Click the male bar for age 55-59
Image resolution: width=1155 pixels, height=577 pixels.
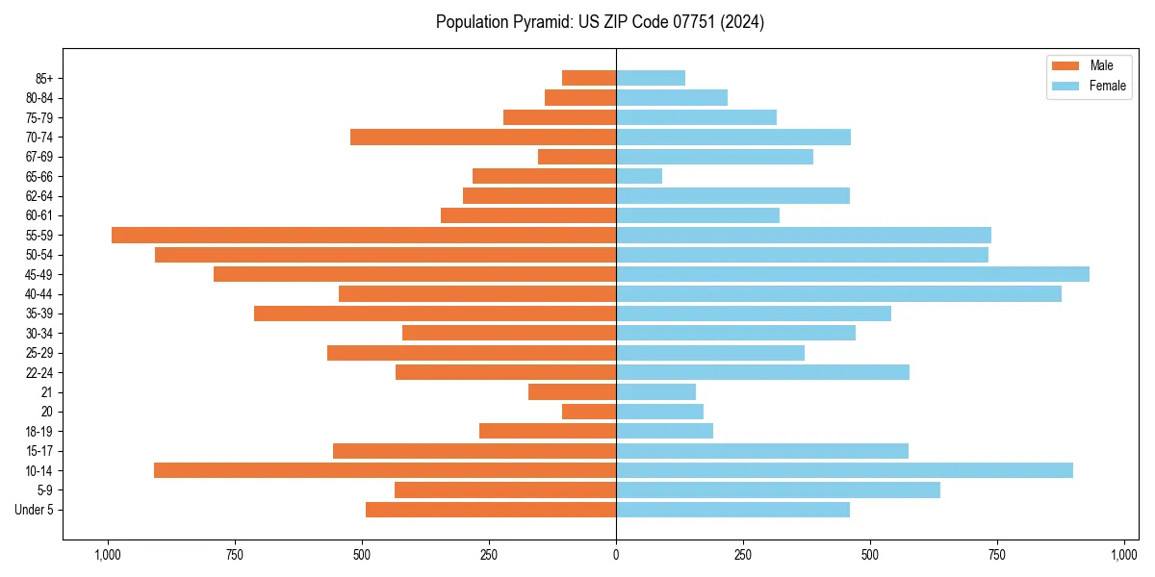pyautogui.click(x=364, y=236)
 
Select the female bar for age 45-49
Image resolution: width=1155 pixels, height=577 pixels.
pyautogui.click(x=852, y=274)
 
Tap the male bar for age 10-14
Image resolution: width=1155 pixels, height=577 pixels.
pyautogui.click(x=385, y=470)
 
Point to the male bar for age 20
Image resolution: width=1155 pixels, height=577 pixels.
pyautogui.click(x=589, y=412)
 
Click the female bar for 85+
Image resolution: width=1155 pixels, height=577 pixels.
pyautogui.click(x=651, y=78)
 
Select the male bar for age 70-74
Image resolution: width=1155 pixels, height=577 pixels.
pyautogui.click(x=483, y=137)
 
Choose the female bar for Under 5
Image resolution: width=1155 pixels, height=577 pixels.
pyautogui.click(x=732, y=510)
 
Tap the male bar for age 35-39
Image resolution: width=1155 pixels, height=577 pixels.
pyautogui.click(x=435, y=314)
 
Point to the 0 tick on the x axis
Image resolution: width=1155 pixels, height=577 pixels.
pyautogui.click(x=616, y=555)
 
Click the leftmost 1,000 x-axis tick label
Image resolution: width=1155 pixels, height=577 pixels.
pyautogui.click(x=107, y=555)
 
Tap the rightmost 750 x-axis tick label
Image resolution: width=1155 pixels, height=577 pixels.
pyautogui.click(x=997, y=555)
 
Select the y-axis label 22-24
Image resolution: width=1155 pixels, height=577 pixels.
pyautogui.click(x=39, y=372)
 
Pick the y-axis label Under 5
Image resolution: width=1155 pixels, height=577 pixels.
pyautogui.click(x=36, y=510)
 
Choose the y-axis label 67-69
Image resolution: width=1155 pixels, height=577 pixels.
pyautogui.click(x=39, y=157)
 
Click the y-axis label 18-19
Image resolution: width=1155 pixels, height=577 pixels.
pyautogui.click(x=39, y=431)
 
